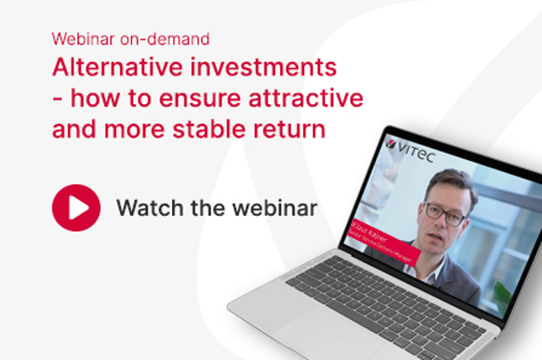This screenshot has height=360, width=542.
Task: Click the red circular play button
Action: (76, 208)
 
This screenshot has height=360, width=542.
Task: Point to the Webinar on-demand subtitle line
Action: (130, 38)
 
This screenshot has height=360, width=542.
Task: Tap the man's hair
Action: (447, 182)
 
